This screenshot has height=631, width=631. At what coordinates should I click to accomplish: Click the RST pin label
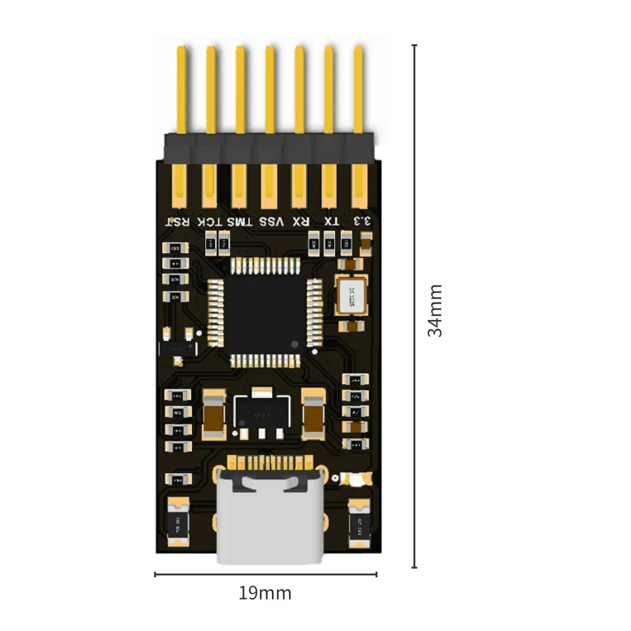(178, 221)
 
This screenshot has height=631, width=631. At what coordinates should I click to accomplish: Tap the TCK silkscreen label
(209, 221)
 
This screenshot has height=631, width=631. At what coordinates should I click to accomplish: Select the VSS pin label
(270, 221)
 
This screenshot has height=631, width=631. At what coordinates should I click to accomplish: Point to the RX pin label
(301, 221)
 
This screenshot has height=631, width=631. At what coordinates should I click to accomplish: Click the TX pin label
(331, 221)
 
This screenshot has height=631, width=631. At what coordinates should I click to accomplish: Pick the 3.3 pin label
(362, 221)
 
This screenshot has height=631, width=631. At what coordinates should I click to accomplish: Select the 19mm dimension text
(265, 594)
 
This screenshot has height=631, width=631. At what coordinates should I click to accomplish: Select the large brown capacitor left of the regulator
(213, 415)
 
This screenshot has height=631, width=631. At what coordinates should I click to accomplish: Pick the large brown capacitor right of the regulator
(313, 415)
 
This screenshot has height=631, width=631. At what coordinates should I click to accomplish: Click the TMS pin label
(240, 221)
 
